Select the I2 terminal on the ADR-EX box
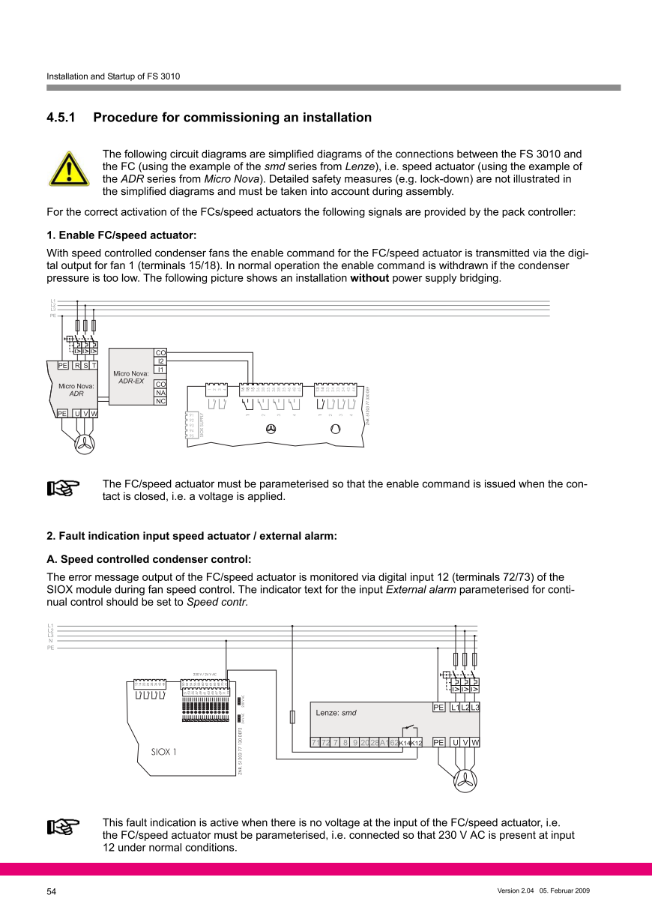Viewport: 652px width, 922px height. (x=160, y=361)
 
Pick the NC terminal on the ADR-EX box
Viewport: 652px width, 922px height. (x=160, y=401)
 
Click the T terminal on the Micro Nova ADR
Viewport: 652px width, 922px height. (x=94, y=366)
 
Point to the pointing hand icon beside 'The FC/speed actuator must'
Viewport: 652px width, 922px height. (x=64, y=489)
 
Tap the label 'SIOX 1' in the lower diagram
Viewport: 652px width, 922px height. (x=164, y=752)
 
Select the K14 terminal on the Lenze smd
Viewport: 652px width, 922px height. (x=405, y=743)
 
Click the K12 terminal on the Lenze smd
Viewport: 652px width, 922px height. (x=417, y=743)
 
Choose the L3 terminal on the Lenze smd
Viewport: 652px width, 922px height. (x=474, y=708)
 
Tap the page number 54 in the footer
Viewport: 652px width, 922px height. (x=52, y=891)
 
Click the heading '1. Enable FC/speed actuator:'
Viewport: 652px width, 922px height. (x=121, y=235)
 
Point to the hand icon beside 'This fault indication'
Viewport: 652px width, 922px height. (x=64, y=827)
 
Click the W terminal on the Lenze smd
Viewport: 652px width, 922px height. (x=474, y=742)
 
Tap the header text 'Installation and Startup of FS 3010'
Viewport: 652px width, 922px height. (x=113, y=76)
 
